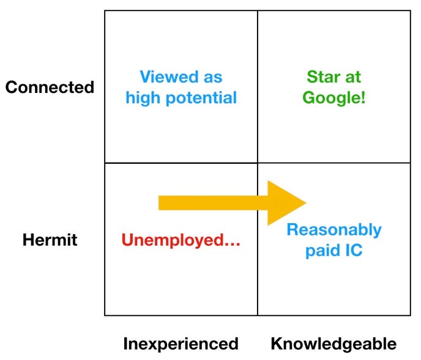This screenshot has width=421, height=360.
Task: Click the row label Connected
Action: pos(50,87)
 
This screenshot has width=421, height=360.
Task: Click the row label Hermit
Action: pos(50,240)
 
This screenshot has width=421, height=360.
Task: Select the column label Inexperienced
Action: pos(181,343)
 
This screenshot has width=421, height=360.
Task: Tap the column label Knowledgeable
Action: pos(333,343)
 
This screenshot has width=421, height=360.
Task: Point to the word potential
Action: pos(200,98)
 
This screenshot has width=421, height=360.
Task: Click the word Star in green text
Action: pos(322,78)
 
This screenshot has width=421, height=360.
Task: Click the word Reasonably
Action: pos(334,230)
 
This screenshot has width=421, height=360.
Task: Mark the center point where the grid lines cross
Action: pos(258,163)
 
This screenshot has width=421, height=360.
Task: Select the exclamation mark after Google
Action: pos(363,98)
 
